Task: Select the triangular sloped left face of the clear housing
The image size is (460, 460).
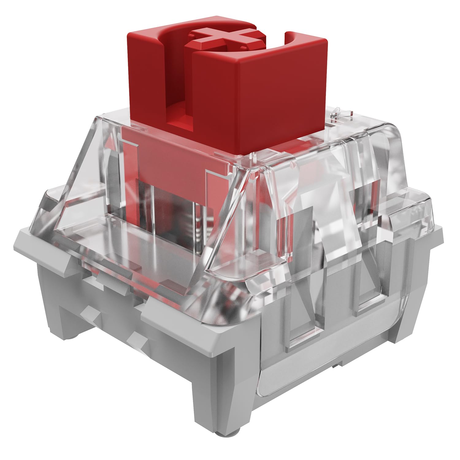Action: [x=77, y=190]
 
